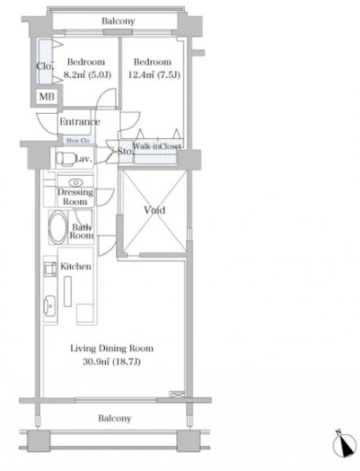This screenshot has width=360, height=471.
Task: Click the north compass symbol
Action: pos(344,444)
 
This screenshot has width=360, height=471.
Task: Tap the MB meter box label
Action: pos(47,97)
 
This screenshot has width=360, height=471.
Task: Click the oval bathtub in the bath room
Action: pos(57,228)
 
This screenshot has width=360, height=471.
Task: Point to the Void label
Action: pos(155,210)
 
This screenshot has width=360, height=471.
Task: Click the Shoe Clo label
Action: pos(78,141)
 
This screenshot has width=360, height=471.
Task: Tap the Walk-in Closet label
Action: pos(157,146)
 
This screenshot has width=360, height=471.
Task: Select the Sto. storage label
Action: pos(125,151)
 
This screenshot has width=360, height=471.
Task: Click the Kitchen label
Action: pos(76,266)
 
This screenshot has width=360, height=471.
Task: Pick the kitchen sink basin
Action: pos(49,306)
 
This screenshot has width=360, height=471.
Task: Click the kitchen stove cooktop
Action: pos(50,269)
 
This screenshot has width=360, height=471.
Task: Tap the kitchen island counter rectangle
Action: pos(67,291)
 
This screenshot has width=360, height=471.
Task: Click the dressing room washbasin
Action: pos(75,182)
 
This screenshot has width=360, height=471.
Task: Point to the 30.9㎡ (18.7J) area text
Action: pos(111,362)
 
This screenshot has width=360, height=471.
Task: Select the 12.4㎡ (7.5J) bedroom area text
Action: pos(155,75)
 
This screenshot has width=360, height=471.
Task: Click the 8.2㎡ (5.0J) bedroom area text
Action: pos(88,75)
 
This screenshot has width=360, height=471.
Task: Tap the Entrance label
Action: pos(80,122)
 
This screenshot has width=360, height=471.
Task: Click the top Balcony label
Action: pos(118,21)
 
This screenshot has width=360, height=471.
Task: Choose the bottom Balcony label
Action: pos(115,418)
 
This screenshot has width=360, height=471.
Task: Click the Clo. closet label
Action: pos(45,66)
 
